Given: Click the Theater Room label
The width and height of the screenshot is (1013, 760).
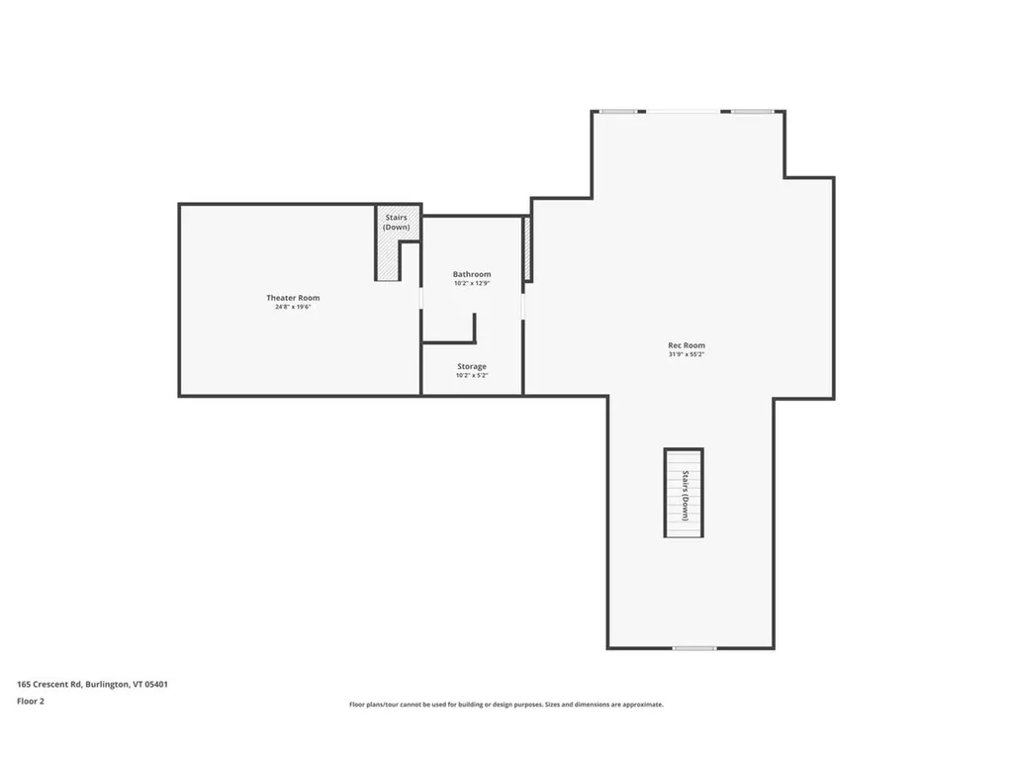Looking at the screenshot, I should (x=293, y=298).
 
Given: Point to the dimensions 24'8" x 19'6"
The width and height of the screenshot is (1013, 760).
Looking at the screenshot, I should (x=293, y=307).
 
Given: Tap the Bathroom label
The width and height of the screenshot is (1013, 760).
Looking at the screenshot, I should (x=472, y=274).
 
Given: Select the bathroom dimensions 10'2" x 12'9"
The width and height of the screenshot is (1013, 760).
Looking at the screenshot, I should (x=472, y=283).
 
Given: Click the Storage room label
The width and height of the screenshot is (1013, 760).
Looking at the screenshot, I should (x=472, y=366).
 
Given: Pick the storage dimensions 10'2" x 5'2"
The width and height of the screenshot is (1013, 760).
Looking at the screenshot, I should (x=472, y=375).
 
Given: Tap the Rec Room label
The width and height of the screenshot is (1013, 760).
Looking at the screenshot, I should (x=687, y=344).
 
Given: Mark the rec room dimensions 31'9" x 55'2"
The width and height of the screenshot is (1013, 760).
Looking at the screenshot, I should (x=687, y=353).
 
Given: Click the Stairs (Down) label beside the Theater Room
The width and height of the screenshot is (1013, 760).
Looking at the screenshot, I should (x=397, y=223).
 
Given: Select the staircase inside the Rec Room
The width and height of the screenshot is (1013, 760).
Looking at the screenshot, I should (x=684, y=493).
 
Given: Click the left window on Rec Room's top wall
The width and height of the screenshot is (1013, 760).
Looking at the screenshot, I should (x=618, y=111).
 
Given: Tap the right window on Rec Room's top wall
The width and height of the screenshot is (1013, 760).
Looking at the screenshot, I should (x=752, y=111).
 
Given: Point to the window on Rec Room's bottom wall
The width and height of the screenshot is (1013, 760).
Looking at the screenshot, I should (x=694, y=648).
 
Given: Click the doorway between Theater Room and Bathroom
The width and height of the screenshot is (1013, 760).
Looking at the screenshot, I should (x=421, y=298).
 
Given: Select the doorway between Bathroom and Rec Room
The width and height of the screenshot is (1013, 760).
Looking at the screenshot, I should (x=523, y=306).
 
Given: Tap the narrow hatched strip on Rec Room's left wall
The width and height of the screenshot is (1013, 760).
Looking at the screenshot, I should (x=528, y=249).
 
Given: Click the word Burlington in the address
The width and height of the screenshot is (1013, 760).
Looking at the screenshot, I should (x=107, y=684).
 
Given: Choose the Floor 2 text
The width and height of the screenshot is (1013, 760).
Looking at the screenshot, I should (x=31, y=701).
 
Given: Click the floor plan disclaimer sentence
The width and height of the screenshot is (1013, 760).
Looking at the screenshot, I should (x=506, y=705).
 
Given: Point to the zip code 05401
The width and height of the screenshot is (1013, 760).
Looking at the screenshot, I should (x=156, y=684).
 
